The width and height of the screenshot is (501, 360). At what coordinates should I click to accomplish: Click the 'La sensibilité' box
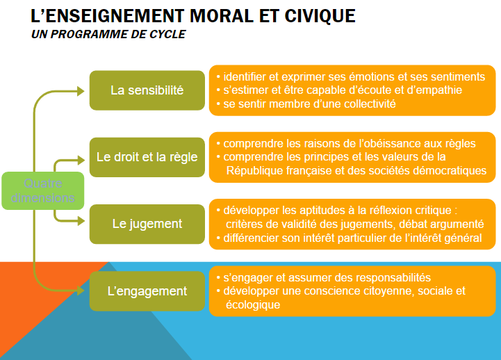click(x=147, y=90)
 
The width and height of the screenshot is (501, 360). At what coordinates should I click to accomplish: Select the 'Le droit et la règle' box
click(x=147, y=157)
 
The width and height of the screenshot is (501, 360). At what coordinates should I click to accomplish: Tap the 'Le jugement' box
click(x=147, y=224)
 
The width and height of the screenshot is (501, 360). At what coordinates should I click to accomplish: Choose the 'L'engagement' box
click(x=147, y=291)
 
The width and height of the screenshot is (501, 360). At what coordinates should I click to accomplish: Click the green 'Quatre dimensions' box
click(x=43, y=190)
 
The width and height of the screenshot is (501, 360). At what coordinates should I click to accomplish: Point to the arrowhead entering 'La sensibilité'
click(x=81, y=91)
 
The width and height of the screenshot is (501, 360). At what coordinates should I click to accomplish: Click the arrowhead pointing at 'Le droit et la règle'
click(x=81, y=160)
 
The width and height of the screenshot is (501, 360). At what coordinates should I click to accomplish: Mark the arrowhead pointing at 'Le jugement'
click(x=81, y=220)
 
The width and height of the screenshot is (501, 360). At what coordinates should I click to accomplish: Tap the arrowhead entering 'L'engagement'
click(x=81, y=291)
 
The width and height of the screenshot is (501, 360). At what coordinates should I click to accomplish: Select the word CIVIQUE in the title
click(x=320, y=16)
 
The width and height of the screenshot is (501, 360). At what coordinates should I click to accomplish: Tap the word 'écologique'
click(x=253, y=304)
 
